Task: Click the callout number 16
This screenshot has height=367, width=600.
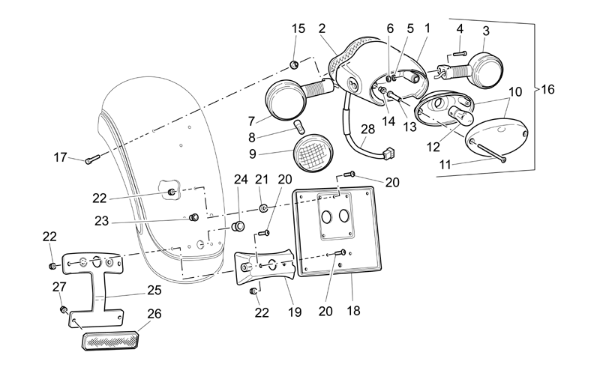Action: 547,89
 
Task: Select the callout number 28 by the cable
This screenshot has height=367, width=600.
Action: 367,130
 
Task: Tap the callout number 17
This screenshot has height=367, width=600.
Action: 60,157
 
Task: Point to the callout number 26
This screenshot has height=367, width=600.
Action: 154,314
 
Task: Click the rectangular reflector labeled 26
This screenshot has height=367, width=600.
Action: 110,340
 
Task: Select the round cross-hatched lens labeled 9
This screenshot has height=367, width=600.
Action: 313,153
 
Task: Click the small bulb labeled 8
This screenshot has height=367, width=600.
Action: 298,126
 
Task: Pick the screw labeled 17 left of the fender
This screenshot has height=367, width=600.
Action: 92,158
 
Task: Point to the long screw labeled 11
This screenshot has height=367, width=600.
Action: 491,152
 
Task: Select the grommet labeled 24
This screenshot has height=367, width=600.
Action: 238,225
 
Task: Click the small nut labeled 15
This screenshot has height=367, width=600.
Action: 295,64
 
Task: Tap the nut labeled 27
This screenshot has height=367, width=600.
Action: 64,309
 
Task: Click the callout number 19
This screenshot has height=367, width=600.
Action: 295,312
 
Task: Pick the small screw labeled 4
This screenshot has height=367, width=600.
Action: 460,53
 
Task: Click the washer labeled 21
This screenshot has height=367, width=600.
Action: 263,208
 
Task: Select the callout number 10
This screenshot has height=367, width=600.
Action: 515,92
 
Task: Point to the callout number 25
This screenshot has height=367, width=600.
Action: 154,290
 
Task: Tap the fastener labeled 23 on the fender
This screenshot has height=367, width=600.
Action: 194,217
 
